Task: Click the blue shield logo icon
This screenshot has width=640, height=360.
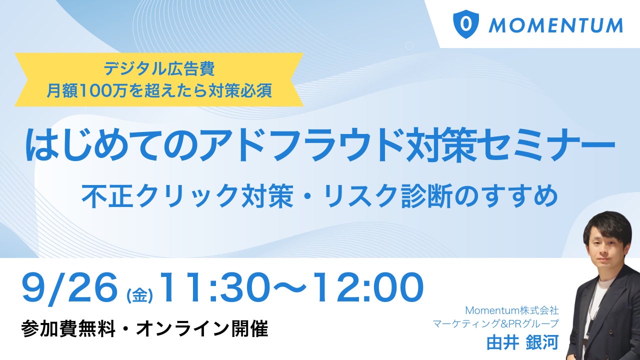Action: coord(466,24)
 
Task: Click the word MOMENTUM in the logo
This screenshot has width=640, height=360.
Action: coord(555,25)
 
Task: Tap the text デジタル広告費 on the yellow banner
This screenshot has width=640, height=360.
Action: coord(159,69)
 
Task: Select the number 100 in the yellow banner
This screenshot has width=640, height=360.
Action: coord(93,91)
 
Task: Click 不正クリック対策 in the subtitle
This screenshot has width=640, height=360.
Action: coord(187,196)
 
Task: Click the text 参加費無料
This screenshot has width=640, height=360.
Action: coord(68,328)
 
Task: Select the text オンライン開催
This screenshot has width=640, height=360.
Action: coord(202,328)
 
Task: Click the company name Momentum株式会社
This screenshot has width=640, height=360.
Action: coord(512,310)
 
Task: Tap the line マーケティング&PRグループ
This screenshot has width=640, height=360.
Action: coord(495,323)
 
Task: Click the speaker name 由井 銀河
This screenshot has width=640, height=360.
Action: coord(522,342)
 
